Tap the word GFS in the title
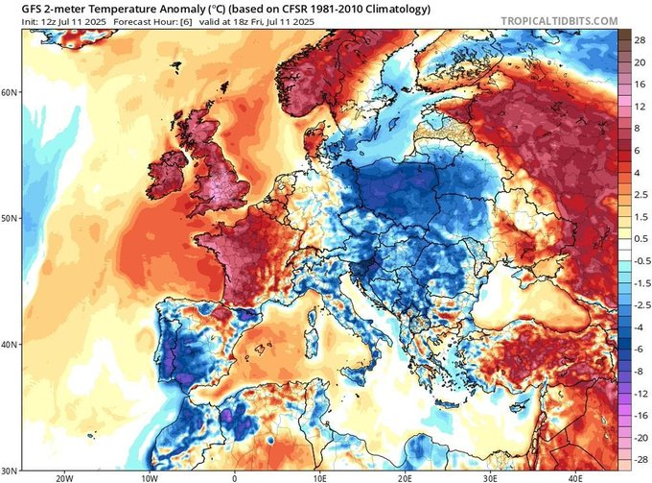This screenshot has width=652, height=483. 20,7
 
